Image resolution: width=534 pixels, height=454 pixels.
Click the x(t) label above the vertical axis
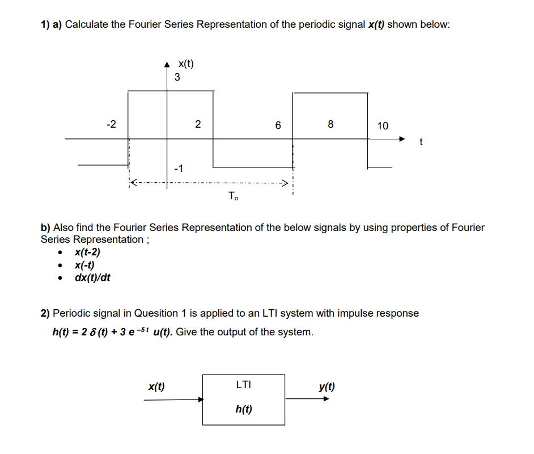pyautogui.click(x=185, y=64)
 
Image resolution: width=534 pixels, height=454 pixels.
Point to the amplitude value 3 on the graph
pyautogui.click(x=177, y=77)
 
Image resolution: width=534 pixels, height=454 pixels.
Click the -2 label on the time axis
pyautogui.click(x=112, y=124)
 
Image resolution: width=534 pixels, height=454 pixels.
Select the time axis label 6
pyautogui.click(x=278, y=125)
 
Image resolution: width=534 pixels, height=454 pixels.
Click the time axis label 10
pyautogui.click(x=383, y=126)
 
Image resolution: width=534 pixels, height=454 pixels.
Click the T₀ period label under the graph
pyautogui.click(x=233, y=197)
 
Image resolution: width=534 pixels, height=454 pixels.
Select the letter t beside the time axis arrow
pyautogui.click(x=421, y=142)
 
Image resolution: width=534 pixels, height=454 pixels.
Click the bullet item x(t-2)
pyautogui.click(x=87, y=253)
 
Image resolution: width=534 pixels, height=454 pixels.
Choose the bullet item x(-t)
pyautogui.click(x=84, y=265)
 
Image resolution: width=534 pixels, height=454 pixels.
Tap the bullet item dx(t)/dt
pyautogui.click(x=92, y=278)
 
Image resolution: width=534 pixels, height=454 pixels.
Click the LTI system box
pyautogui.click(x=243, y=400)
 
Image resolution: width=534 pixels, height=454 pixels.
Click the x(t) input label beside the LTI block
pyautogui.click(x=156, y=387)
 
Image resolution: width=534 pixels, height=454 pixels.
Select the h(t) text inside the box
pyautogui.click(x=244, y=409)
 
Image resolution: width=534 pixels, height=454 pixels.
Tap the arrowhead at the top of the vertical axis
pyautogui.click(x=167, y=64)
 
